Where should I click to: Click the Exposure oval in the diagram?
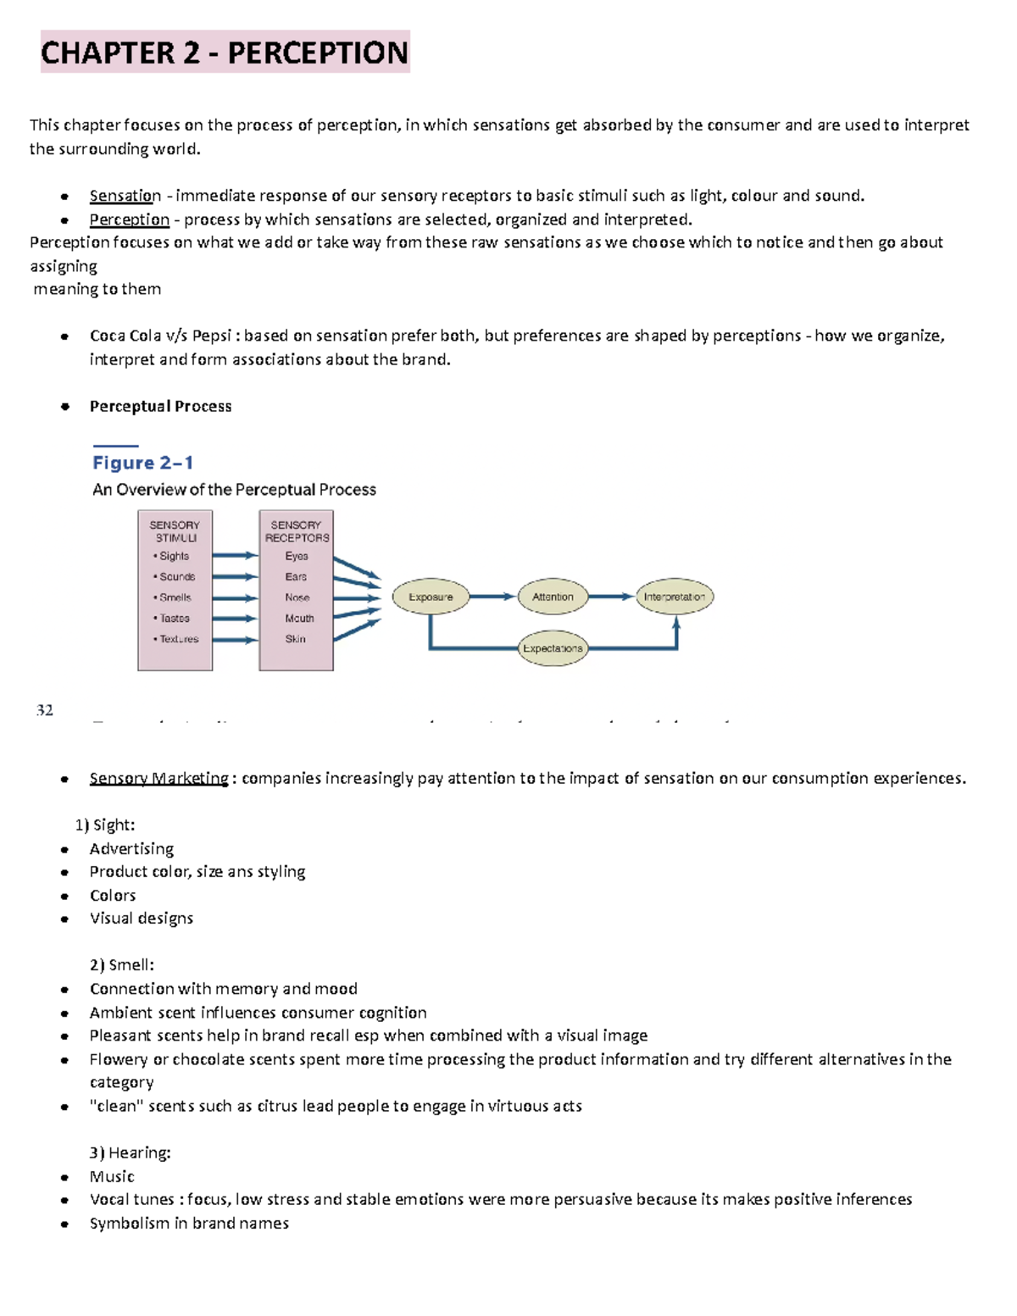[431, 597]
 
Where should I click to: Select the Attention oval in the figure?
[553, 597]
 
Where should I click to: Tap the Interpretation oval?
[675, 597]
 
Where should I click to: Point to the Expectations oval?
[553, 648]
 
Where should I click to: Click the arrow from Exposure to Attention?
[492, 597]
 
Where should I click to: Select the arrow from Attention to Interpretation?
[611, 597]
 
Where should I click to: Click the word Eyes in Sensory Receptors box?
[297, 557]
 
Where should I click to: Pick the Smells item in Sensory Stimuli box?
[175, 597]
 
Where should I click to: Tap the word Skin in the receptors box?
[296, 639]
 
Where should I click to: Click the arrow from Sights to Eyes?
[235, 556]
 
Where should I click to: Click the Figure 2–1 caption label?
[142, 463]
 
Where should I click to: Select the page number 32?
[45, 710]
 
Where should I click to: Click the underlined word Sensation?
[125, 196]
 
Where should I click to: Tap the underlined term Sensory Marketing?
[158, 779]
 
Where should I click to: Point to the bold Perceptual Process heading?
[160, 407]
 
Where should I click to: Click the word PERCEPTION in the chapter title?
[318, 53]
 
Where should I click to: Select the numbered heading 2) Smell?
[122, 965]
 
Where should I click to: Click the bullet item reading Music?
[112, 1176]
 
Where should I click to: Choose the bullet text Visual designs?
[142, 919]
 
